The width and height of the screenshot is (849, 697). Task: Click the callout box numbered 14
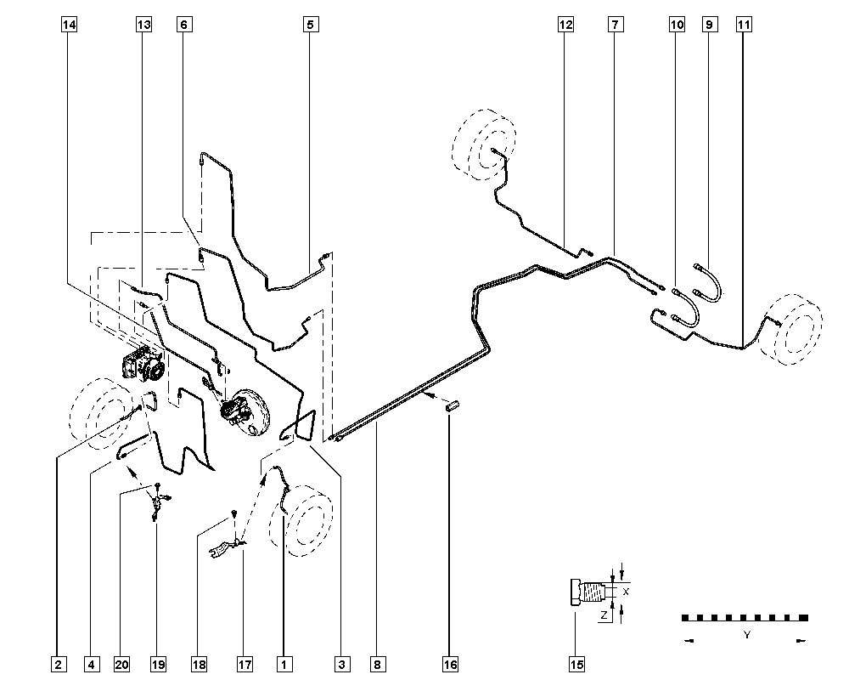coord(70,25)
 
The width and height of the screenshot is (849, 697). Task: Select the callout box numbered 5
coord(310,25)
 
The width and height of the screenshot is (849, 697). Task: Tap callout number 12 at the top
coord(565,25)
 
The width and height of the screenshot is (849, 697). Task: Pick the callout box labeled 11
coord(744,25)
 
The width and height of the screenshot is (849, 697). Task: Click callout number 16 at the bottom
coord(450,664)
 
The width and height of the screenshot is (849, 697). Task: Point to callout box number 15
coord(576,664)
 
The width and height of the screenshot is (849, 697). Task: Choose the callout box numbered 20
coord(121,664)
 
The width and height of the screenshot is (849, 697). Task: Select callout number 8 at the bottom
coord(378,664)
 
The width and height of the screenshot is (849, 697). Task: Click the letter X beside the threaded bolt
coord(626,592)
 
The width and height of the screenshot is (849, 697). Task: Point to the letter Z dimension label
coord(604,615)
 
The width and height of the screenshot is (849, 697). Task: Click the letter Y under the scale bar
coord(746,635)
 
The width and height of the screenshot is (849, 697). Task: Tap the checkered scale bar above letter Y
coord(745,618)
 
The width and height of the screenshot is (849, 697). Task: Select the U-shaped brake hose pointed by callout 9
coord(708,282)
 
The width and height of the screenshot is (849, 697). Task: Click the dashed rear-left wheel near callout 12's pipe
coord(484,144)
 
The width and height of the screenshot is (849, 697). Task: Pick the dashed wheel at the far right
coord(791,330)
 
